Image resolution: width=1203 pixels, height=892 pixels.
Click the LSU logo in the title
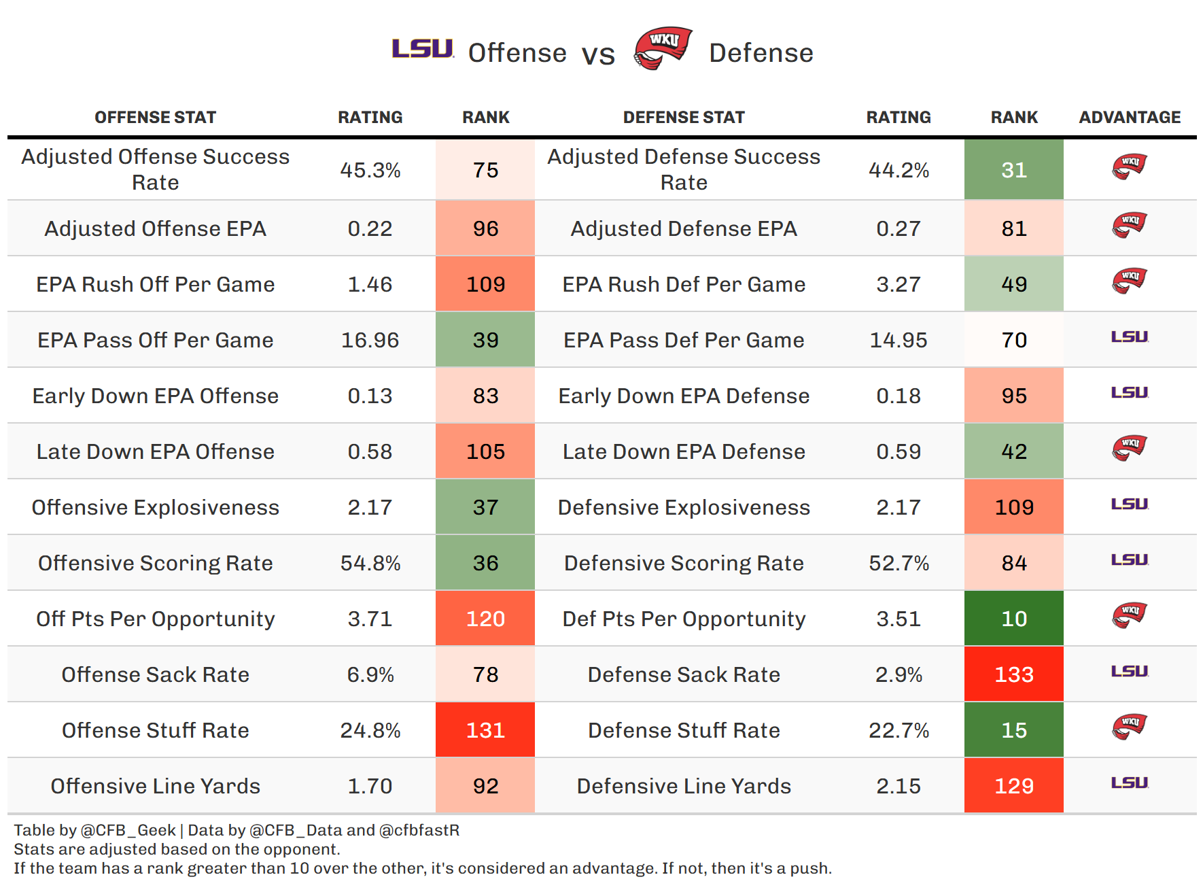click(423, 49)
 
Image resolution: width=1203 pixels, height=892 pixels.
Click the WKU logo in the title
click(663, 48)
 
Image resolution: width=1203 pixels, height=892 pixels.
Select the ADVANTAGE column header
click(1130, 118)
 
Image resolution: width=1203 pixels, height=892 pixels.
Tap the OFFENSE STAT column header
click(155, 118)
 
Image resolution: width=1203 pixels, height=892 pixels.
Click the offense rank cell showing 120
click(485, 619)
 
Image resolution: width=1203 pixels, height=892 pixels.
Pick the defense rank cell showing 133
click(1013, 674)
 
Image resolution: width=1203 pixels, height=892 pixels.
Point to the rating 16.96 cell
click(370, 340)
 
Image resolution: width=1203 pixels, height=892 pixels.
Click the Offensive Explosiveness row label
click(155, 507)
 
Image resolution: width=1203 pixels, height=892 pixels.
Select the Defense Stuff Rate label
click(684, 730)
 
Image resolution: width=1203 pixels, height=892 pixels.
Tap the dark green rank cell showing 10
click(1013, 619)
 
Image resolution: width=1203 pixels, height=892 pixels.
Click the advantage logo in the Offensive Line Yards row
click(1130, 783)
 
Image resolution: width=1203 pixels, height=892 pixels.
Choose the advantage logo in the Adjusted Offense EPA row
click(1130, 224)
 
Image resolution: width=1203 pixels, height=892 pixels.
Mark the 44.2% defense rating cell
click(899, 170)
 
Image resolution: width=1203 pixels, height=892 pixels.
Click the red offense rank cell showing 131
click(485, 730)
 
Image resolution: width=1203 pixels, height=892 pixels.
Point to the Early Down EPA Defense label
click(684, 396)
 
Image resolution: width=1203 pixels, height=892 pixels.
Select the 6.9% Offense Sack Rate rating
click(370, 674)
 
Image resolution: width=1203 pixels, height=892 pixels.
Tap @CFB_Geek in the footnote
click(128, 830)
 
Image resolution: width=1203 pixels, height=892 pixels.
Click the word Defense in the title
click(761, 53)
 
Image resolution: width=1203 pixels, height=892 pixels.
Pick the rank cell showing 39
click(485, 340)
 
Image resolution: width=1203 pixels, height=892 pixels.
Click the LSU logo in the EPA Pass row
click(1130, 337)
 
